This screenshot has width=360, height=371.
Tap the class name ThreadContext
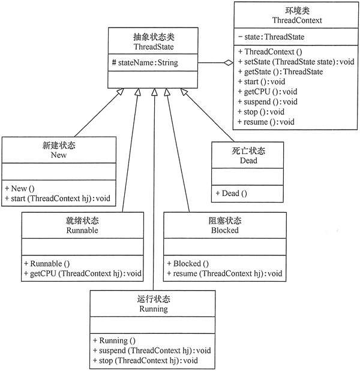tap(296, 20)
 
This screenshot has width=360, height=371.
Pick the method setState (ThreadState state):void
tap(295, 62)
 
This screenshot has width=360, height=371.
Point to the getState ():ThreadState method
tap(280, 72)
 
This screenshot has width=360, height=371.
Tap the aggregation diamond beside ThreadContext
tap(228, 62)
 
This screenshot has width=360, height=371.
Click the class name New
tap(59, 155)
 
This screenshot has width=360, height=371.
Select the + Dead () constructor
tap(231, 192)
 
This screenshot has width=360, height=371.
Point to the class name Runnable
tap(83, 230)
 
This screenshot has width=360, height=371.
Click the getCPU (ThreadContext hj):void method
tap(83, 273)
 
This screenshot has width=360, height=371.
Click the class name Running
tap(153, 310)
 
